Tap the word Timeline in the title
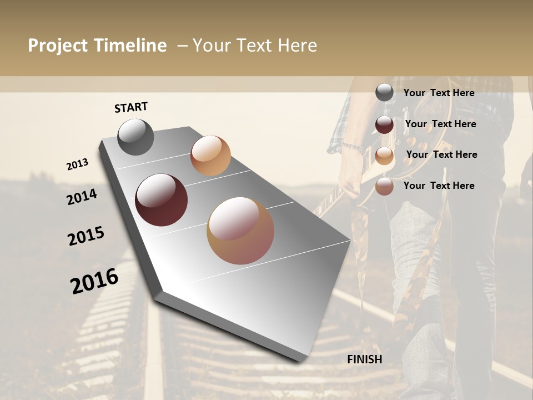point(129,46)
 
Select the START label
point(131,107)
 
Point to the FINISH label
point(364,359)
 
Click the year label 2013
point(77,164)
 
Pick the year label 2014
point(82,197)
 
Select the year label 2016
point(94,281)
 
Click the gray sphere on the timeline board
point(135,137)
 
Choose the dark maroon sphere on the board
point(161,199)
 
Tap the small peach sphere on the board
point(210,156)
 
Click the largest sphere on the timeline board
point(240,231)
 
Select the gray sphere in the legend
point(384,93)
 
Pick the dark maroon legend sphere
point(384,124)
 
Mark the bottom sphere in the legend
point(384,186)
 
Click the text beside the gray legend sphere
point(439,93)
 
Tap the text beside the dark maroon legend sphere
point(440,124)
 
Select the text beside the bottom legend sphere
point(439,186)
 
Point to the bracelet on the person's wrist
point(352,147)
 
